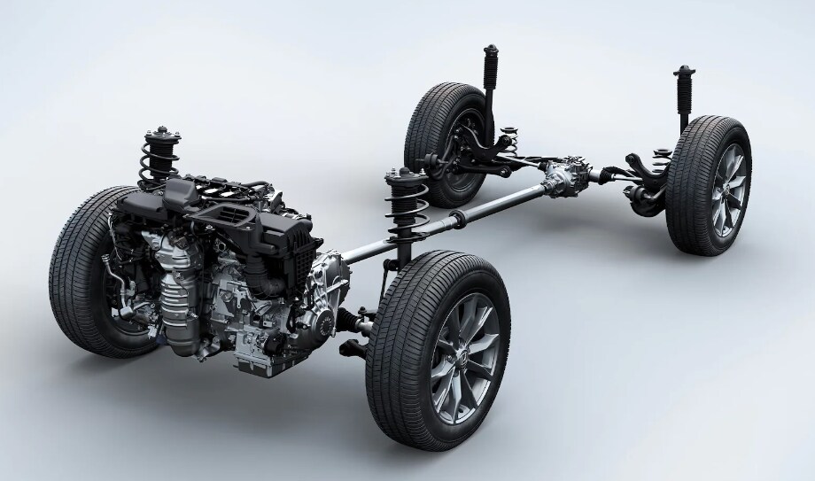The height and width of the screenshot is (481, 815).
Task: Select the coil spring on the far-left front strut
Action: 160,165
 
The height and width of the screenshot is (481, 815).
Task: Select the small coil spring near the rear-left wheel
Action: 507,142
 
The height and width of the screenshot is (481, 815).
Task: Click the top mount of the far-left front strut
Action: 159,138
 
